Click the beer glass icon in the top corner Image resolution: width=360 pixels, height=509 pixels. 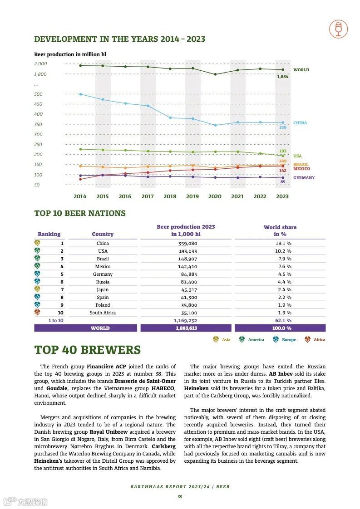338,29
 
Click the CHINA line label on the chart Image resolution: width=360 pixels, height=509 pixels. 300,123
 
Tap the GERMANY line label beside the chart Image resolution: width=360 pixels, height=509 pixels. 304,178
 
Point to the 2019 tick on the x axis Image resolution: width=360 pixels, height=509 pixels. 192,196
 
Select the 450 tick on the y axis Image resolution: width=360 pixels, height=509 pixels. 38,104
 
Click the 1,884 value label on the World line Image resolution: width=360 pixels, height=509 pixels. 282,77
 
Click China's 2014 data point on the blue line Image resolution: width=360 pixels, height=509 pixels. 80,94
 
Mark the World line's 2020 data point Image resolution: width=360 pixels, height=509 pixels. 215,74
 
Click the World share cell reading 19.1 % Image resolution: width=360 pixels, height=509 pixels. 284,243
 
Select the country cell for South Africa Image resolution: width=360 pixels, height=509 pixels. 103,313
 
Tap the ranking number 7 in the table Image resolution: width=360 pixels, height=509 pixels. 62,289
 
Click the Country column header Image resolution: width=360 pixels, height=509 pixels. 103,234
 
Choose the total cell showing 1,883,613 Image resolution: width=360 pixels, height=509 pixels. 187,328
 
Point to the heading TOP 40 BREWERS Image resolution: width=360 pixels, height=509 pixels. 88,350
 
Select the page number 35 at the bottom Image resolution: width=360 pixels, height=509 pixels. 180,497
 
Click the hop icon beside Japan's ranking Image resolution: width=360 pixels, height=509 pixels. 37,289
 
